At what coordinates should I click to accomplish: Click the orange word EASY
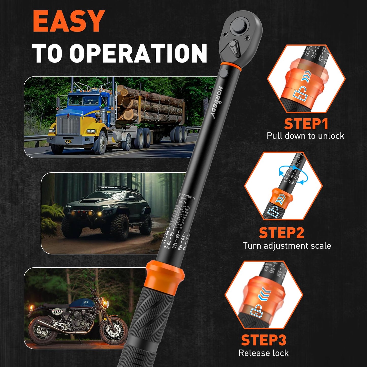pyautogui.click(x=69, y=22)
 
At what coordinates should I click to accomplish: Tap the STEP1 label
pyautogui.click(x=306, y=124)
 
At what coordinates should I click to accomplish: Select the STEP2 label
pyautogui.click(x=281, y=233)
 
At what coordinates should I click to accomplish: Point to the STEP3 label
pyautogui.click(x=263, y=340)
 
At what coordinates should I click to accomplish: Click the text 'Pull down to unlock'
pyautogui.click(x=305, y=136)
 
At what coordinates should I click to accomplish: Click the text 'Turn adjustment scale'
pyautogui.click(x=287, y=246)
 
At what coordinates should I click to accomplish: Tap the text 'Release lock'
pyautogui.click(x=263, y=353)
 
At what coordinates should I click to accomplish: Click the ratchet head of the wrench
pyautogui.click(x=240, y=36)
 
